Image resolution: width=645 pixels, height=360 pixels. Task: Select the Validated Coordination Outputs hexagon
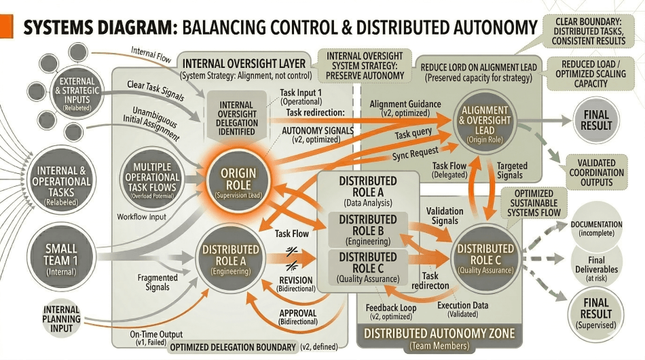tap(597, 172)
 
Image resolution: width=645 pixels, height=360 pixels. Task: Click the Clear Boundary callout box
tap(589, 30)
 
